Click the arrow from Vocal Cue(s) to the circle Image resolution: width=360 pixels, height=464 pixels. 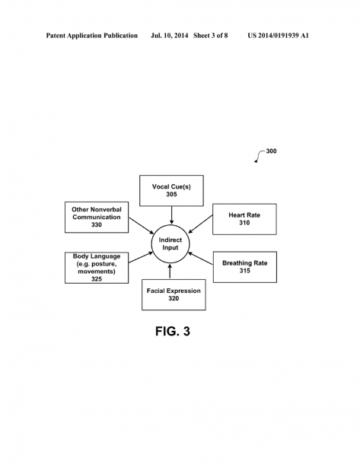point(171,215)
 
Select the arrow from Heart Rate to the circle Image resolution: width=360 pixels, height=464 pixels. point(200,224)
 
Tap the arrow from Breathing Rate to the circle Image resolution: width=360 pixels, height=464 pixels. point(200,258)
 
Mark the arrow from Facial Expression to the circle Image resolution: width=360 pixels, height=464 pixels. point(170,272)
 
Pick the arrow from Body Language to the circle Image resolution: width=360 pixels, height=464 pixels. point(141,257)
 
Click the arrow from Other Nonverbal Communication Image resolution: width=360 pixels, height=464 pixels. point(142,226)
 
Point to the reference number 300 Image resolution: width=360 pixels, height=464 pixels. point(271,151)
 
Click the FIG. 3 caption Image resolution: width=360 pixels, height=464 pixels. point(173,331)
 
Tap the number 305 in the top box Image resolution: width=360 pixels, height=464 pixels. point(171,195)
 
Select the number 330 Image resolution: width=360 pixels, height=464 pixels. point(97,225)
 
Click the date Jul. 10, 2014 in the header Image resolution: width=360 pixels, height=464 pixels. point(169,36)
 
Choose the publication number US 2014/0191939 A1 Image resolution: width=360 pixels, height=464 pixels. point(279,36)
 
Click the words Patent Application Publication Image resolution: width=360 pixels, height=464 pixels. point(92,36)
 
